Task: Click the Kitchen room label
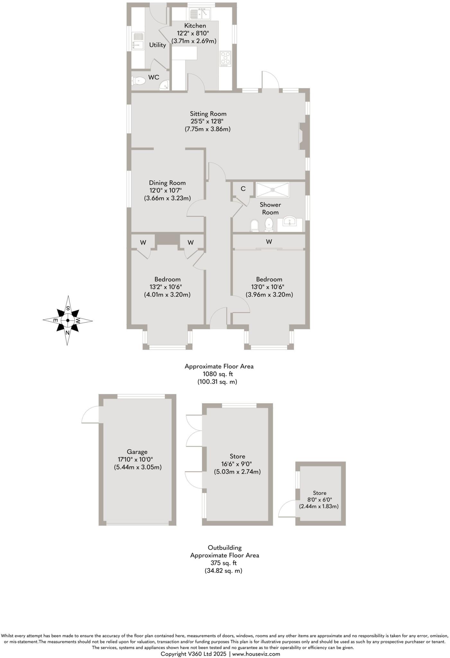195,26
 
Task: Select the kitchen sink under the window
199,14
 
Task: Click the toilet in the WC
138,80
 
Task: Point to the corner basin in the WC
165,85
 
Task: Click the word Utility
157,45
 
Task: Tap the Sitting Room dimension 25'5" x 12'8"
207,121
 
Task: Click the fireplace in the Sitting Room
302,136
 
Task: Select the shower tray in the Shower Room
273,190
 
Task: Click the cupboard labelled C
243,189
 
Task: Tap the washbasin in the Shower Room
290,221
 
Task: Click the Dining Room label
167,183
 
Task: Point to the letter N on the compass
67,333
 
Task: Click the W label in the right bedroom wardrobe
269,242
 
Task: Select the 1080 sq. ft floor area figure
218,374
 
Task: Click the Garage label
137,452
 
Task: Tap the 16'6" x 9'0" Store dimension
237,464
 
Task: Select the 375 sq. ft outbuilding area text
224,563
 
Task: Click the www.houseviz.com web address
256,654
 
